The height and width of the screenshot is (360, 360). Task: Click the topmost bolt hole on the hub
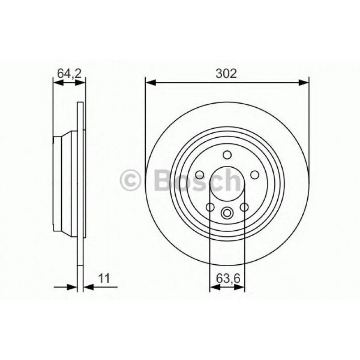click(227, 155)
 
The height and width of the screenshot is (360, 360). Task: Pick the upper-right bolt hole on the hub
click(255, 175)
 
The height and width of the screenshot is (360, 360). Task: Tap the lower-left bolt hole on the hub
click(209, 207)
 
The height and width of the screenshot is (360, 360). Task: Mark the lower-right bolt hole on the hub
click(244, 207)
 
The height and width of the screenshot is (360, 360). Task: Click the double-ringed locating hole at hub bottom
click(227, 213)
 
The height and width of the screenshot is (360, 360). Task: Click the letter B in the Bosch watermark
click(164, 181)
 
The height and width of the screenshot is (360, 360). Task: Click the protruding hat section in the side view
click(65, 184)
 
